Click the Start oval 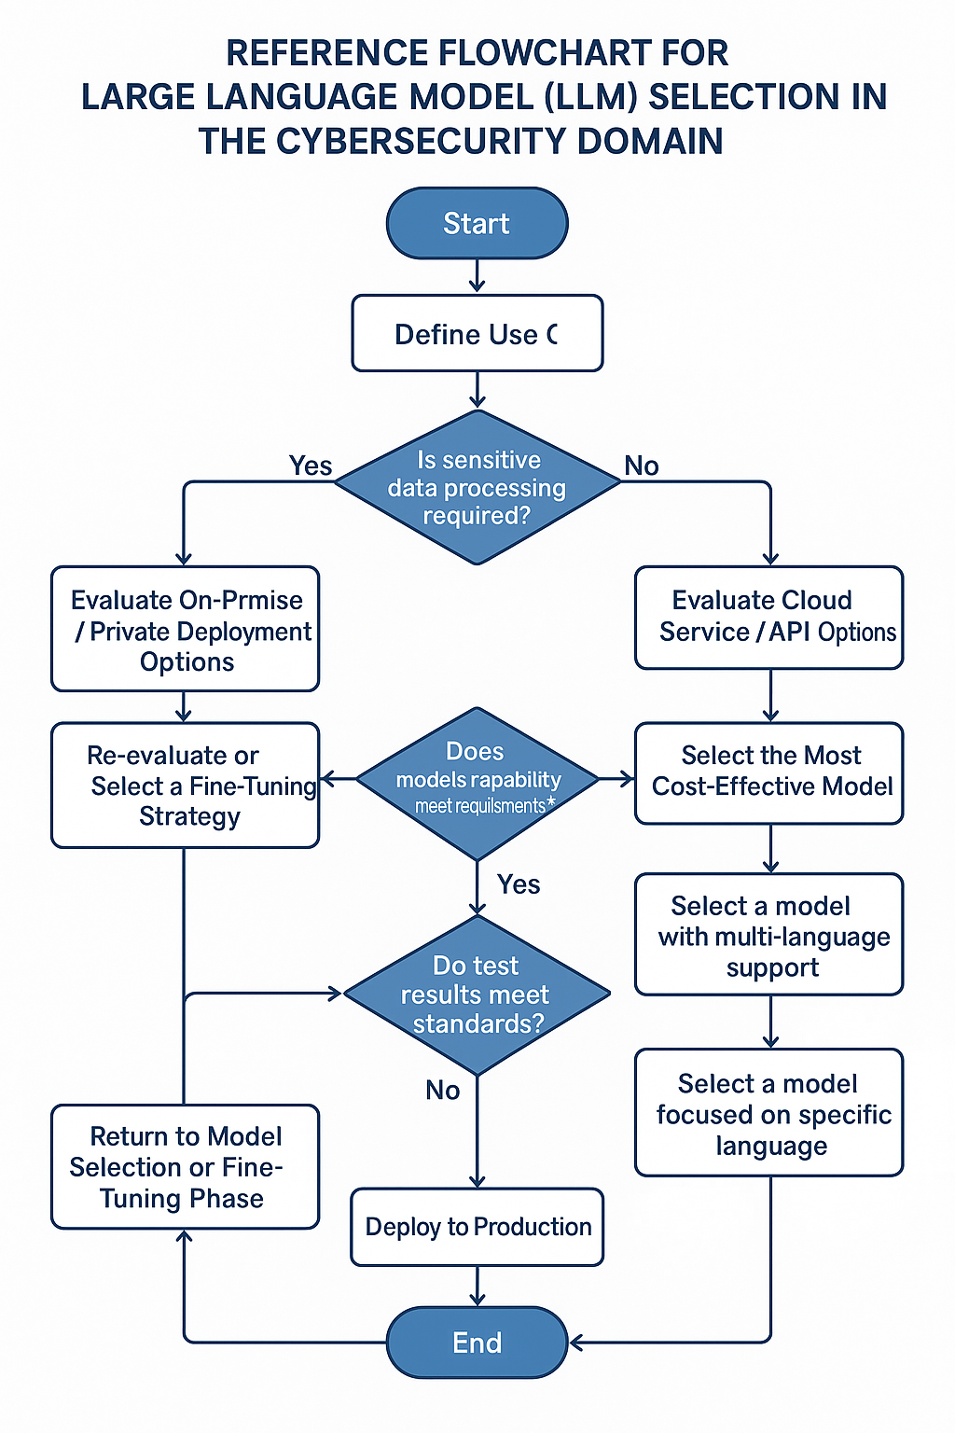point(477,223)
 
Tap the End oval point(477,1343)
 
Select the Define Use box point(477,333)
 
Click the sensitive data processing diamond point(477,487)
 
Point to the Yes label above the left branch point(311,466)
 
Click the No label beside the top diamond point(642,466)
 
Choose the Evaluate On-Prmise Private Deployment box point(185,629)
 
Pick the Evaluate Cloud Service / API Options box point(769,617)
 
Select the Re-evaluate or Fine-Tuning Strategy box point(185,785)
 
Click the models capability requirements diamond point(477,783)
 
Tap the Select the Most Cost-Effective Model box point(769,772)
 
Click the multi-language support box point(769,935)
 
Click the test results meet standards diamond point(477,995)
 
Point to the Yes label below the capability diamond point(519,884)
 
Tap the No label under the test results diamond point(443,1090)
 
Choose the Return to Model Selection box point(185,1166)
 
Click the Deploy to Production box point(477,1226)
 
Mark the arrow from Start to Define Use point(477,276)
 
